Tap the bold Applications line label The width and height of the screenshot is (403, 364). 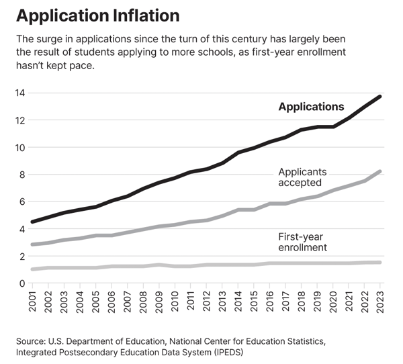pos(311,107)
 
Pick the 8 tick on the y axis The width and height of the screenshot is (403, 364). pos(22,175)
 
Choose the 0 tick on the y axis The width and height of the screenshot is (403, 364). pos(22,283)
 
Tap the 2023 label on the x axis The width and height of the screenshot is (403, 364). pos(380,300)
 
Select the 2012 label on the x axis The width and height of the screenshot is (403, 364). pos(207,300)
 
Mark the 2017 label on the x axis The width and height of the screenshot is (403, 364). pos(285,300)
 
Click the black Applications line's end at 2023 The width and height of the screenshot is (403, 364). pos(380,97)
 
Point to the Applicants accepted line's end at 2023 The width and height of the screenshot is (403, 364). pos(380,172)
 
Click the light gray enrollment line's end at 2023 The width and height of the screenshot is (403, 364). pos(380,263)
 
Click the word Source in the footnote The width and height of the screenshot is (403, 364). pos(32,342)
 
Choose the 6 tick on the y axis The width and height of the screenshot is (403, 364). pos(22,201)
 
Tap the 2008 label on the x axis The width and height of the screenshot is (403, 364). pos(144,300)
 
